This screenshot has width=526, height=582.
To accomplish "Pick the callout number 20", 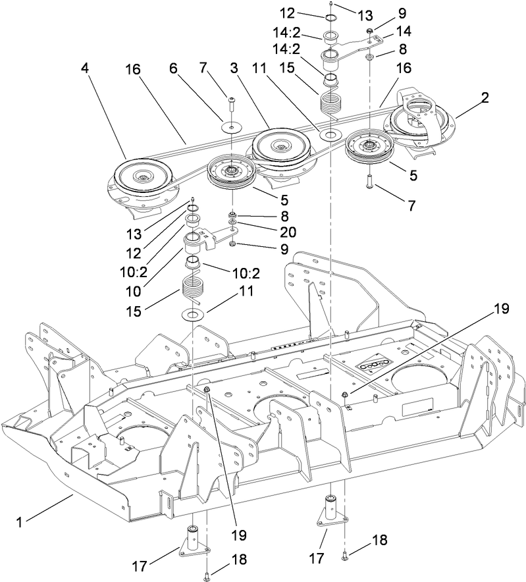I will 288,232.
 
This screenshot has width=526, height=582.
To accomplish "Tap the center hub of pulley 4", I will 141,176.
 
